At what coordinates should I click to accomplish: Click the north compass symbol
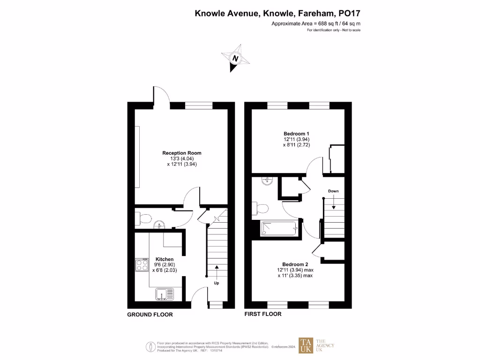[x=235, y=59]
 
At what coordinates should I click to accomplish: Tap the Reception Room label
[x=182, y=153]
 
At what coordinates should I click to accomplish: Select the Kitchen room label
[x=164, y=259]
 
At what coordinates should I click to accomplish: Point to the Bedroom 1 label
[x=296, y=133]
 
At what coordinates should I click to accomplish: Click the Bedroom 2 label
[x=295, y=264]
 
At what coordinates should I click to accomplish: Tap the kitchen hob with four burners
[x=142, y=265]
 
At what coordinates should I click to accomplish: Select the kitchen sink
[x=164, y=294]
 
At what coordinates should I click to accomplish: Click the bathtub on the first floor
[x=279, y=228]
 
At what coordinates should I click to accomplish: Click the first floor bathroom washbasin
[x=267, y=180]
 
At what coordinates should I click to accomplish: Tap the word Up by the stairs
[x=216, y=283]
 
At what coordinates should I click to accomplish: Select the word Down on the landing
[x=333, y=191]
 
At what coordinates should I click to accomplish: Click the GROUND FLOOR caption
[x=150, y=315]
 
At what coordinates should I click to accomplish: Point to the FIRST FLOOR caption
[x=263, y=314]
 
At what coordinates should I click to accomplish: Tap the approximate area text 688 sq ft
[x=316, y=23]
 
